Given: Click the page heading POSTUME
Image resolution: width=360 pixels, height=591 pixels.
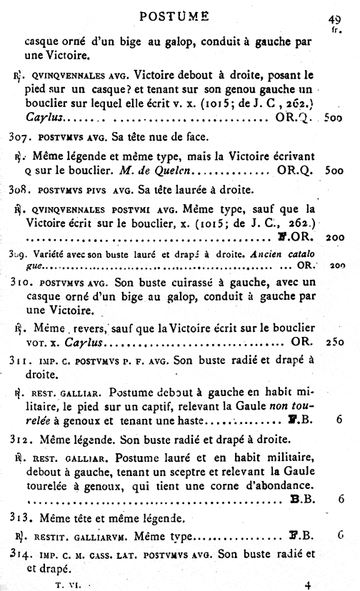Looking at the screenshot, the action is coord(174,16).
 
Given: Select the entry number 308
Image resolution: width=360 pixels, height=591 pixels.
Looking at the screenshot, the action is coord(15,190).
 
